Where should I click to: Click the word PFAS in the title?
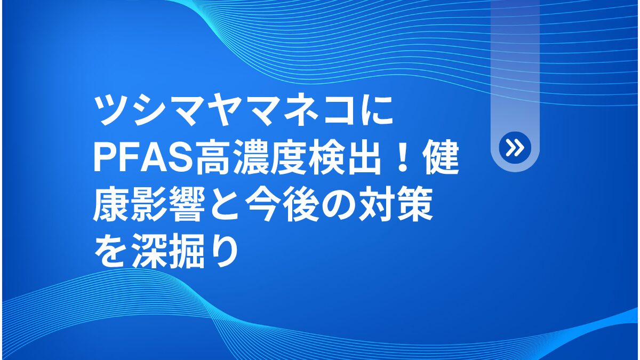coord(143,158)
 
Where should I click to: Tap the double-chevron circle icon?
coord(515,148)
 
